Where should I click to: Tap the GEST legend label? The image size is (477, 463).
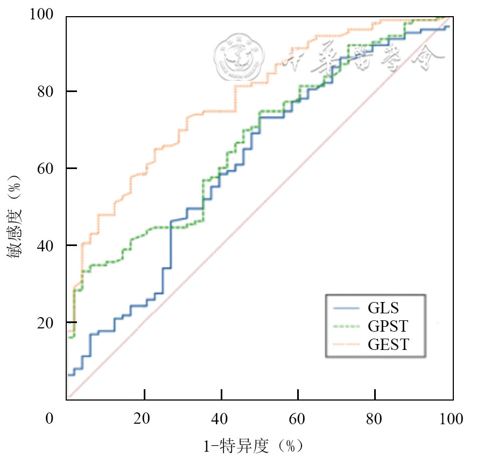pyautogui.click(x=389, y=344)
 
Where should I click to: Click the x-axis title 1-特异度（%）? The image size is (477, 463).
pyautogui.click(x=252, y=446)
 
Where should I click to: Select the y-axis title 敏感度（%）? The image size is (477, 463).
pyautogui.click(x=15, y=215)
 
